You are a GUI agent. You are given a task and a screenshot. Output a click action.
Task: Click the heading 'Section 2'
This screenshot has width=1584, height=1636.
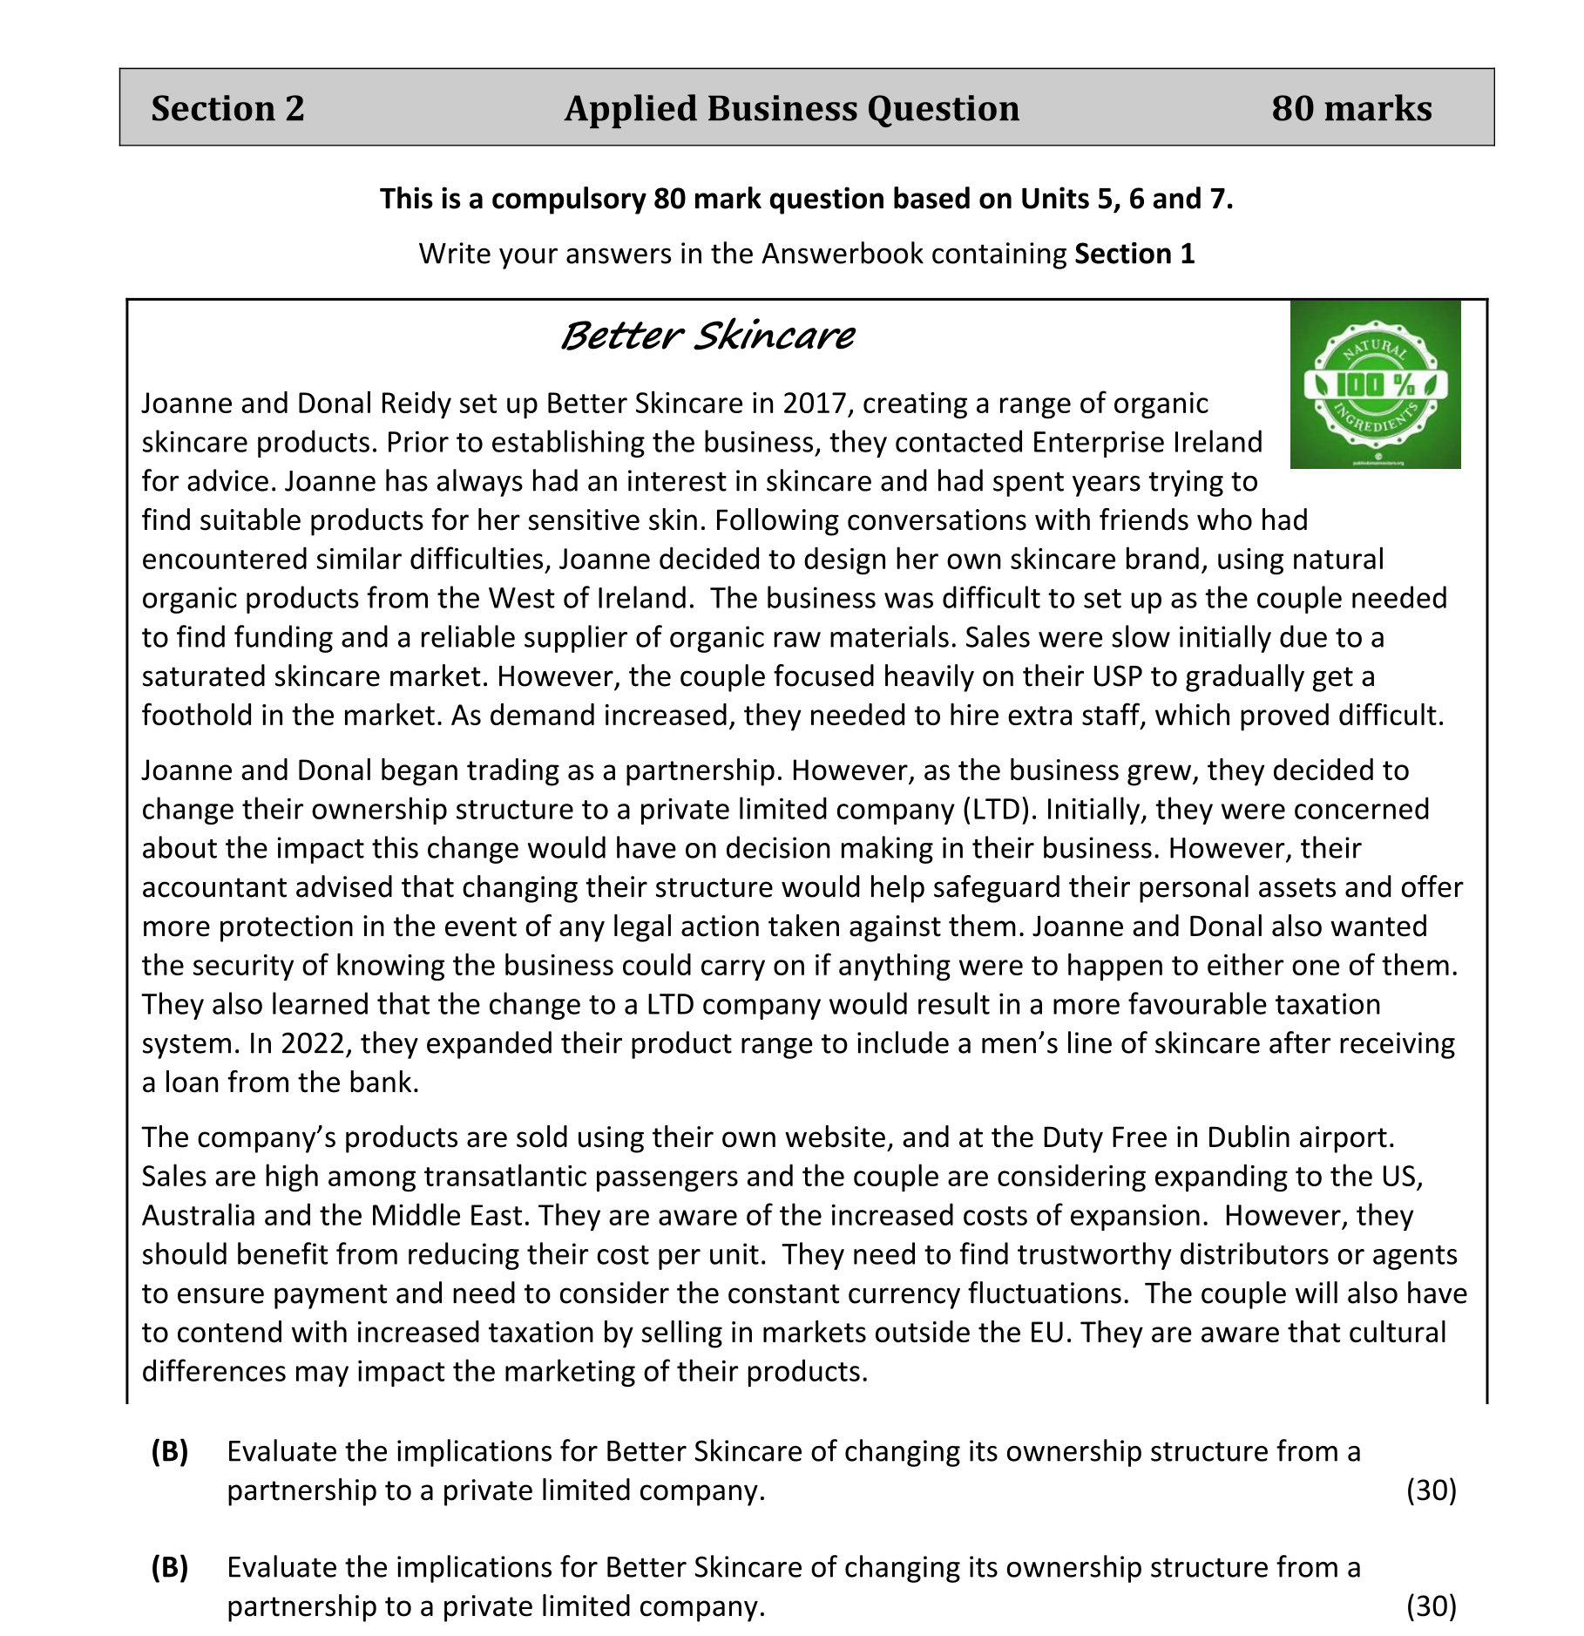227,108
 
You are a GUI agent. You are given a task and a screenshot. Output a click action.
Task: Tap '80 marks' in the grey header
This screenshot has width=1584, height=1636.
1350,108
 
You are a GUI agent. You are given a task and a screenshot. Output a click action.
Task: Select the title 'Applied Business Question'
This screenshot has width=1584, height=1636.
791,108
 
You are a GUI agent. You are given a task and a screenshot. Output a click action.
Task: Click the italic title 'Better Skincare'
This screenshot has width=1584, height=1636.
707,336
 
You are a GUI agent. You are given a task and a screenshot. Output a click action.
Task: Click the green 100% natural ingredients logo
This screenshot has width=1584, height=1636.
1374,384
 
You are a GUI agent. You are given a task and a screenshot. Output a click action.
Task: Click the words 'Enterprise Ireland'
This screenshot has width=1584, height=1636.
1147,443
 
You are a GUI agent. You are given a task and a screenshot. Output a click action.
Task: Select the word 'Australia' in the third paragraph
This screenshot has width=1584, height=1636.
199,1216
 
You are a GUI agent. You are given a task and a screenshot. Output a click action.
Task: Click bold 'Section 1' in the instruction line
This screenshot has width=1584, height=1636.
1134,254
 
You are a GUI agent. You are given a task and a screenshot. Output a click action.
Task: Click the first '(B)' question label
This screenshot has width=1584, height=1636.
170,1451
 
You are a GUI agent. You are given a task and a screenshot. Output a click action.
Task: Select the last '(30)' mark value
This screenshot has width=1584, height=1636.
1431,1606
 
